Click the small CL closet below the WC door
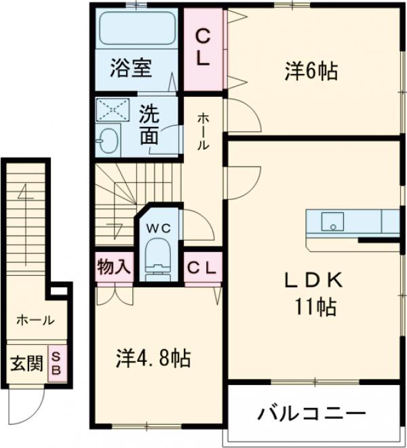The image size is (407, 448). click(202, 267)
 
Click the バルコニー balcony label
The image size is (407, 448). click(311, 413)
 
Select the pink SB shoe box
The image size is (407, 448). click(58, 364)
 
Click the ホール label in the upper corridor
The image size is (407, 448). click(203, 133)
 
